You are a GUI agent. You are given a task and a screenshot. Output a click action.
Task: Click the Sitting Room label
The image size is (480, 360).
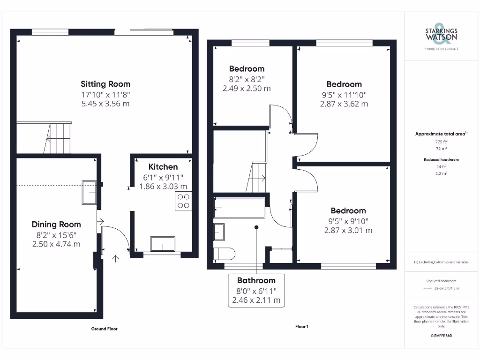click(105, 84)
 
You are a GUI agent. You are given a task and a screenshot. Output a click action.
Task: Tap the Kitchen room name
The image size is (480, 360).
click(163, 167)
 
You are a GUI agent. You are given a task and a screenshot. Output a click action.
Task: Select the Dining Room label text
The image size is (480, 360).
click(56, 225)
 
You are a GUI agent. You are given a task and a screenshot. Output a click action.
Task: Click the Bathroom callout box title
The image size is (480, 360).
click(256, 280)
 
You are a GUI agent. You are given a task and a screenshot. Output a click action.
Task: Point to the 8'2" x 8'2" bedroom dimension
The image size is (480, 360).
click(247, 79)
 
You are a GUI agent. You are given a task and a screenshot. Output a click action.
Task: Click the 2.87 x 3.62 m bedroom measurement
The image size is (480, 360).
click(344, 104)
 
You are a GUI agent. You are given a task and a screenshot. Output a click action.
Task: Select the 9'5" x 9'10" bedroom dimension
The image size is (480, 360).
click(348, 221)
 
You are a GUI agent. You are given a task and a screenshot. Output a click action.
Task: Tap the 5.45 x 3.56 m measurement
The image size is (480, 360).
click(105, 104)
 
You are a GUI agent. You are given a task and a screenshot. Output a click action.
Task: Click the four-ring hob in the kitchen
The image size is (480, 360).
click(183, 201)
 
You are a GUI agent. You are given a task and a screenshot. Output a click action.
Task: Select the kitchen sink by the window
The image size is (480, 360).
click(163, 244)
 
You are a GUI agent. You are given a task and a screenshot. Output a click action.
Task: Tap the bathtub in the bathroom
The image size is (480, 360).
click(239, 207)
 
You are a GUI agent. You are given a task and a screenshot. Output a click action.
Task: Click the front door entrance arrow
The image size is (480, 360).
click(115, 257)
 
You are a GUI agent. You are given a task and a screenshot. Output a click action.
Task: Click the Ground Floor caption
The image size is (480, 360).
click(104, 329)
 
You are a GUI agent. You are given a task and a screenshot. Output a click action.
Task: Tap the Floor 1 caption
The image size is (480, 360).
click(301, 327)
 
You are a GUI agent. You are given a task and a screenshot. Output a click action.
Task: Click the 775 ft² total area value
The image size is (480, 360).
click(441, 142)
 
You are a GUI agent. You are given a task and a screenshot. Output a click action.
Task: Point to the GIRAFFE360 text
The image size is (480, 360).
click(441, 336)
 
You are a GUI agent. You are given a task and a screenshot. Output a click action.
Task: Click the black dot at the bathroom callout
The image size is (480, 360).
click(256, 227)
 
